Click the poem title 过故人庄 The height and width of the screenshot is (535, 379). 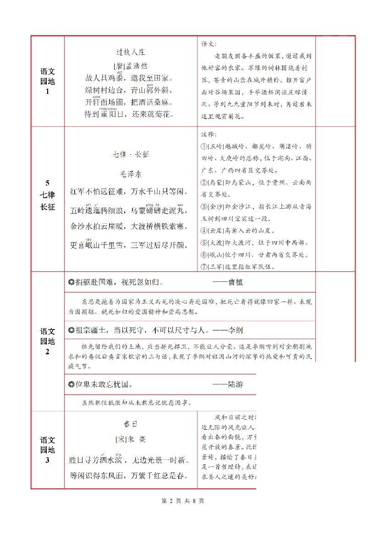coord(131,52)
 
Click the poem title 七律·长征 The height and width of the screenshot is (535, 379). coord(131,154)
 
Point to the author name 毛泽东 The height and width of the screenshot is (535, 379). coord(131,173)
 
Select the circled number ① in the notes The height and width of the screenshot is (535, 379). coord(204,146)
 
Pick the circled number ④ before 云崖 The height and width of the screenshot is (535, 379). coord(204,231)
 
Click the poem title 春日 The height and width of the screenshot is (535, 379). coord(131,424)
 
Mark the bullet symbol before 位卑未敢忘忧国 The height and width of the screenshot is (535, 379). coord(71,384)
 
